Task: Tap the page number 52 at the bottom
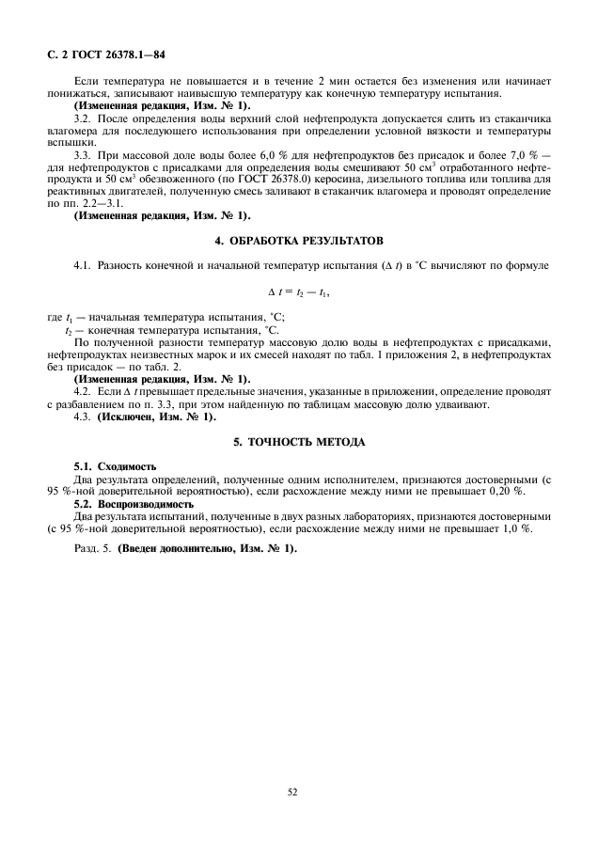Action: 292,792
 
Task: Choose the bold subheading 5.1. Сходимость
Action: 116,466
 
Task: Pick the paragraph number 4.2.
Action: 84,390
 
